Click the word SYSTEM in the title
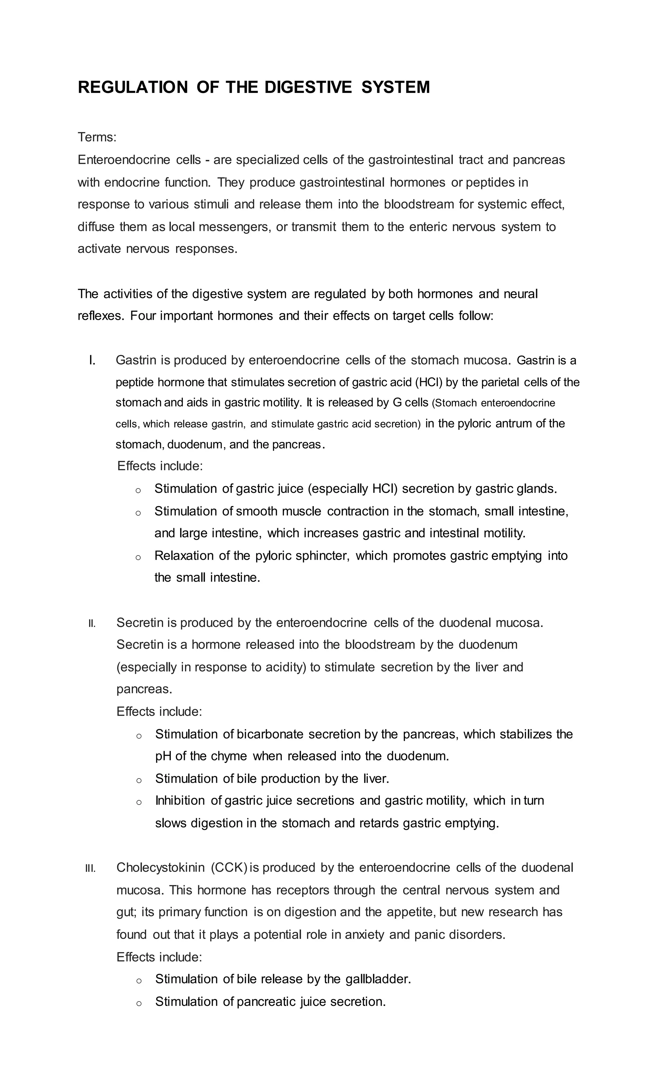point(395,87)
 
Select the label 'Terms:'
point(97,137)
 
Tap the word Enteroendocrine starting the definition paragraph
point(124,160)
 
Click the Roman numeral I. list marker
point(92,361)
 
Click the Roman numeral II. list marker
point(92,623)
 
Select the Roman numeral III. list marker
point(90,868)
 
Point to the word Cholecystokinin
point(160,868)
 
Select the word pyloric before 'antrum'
point(474,424)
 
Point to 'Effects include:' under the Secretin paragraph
point(159,712)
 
